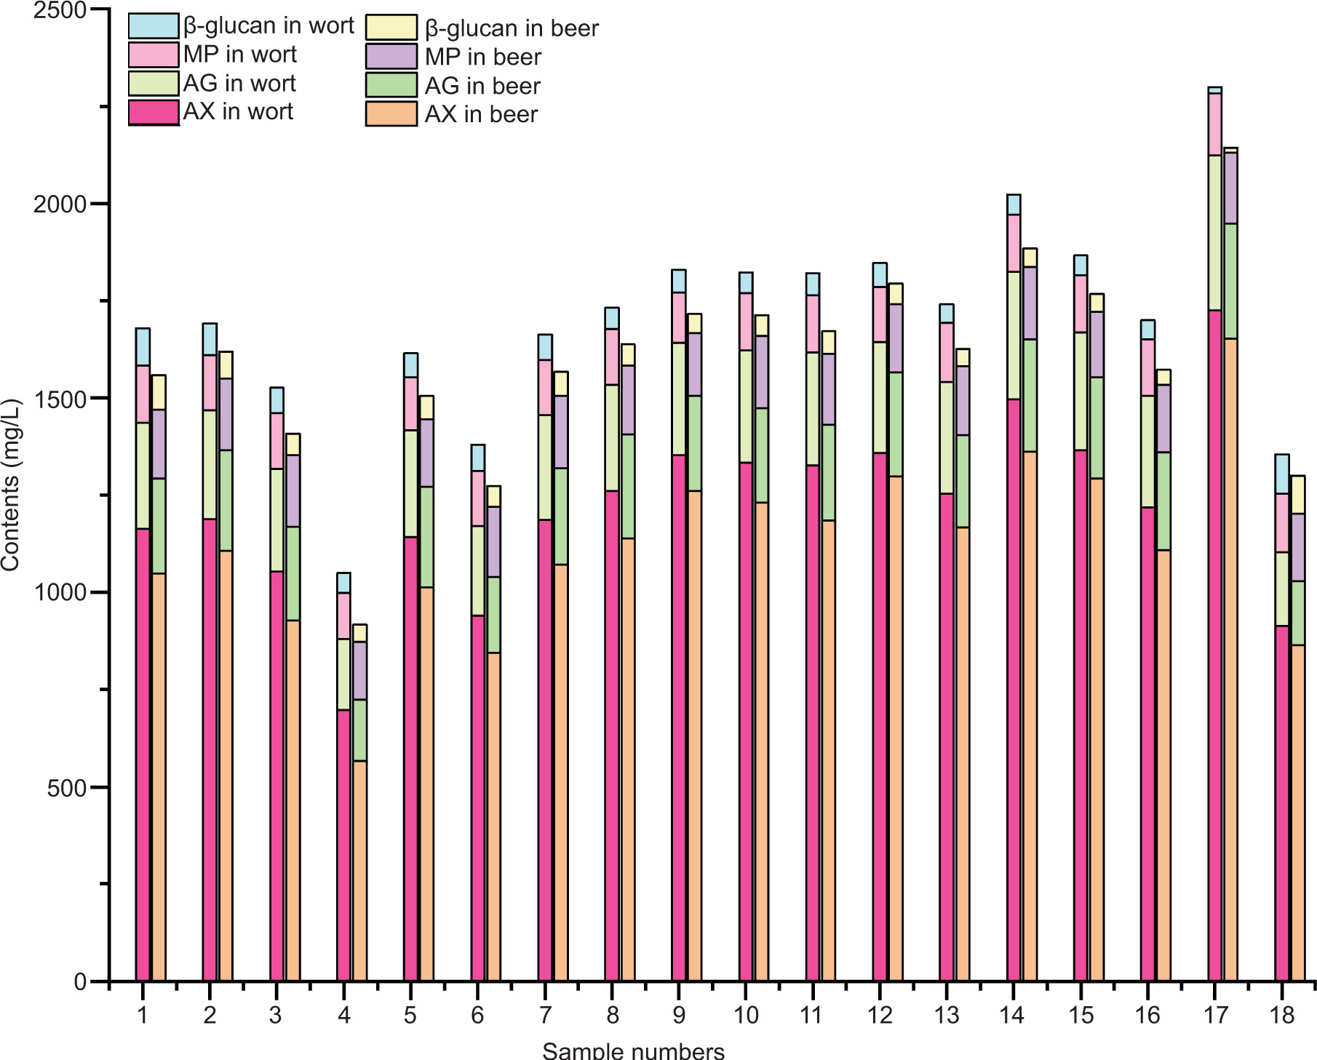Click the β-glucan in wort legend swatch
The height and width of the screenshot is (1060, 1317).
click(x=154, y=25)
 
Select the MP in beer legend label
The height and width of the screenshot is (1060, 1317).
click(x=483, y=57)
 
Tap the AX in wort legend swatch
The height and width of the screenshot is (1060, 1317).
click(x=154, y=112)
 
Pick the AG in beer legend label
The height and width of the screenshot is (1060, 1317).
click(x=482, y=86)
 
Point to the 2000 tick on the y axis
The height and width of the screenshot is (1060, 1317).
click(x=60, y=204)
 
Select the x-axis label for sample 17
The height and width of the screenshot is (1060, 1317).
click(x=1214, y=1015)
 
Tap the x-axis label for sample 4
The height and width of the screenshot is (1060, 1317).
click(x=343, y=1015)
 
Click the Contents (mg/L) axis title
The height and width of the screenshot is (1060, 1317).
click(x=11, y=485)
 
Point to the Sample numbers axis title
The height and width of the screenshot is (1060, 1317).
click(x=633, y=1051)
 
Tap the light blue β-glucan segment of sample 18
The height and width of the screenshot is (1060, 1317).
click(x=1282, y=474)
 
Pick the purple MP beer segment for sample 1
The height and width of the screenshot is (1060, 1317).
click(x=159, y=444)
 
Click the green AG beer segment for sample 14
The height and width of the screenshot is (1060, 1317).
click(x=1030, y=395)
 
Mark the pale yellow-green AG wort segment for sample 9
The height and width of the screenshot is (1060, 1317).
click(x=679, y=399)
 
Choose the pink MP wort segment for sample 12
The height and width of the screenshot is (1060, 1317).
click(x=880, y=314)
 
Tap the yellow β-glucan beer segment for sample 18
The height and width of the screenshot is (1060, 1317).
click(x=1297, y=495)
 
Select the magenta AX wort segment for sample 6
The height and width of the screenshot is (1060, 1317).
click(x=478, y=797)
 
